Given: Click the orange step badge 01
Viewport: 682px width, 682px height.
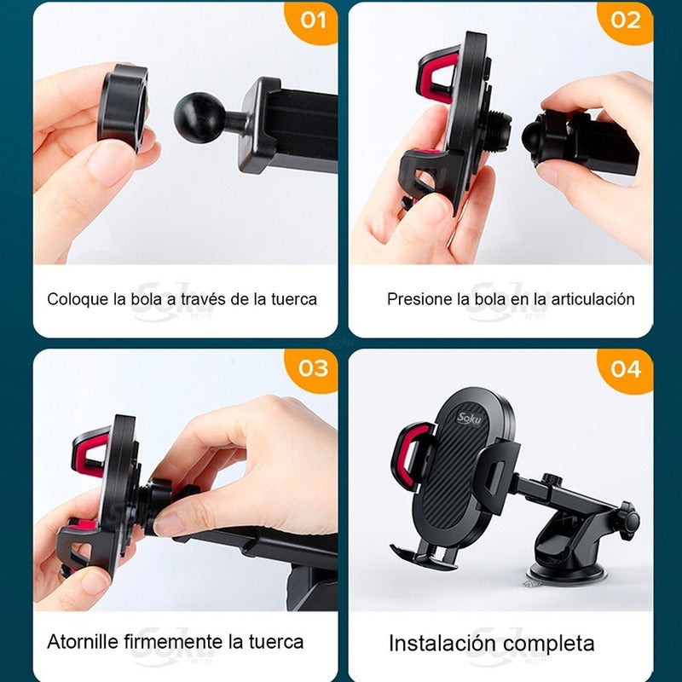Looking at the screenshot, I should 313,20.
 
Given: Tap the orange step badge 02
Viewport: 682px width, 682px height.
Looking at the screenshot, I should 626,20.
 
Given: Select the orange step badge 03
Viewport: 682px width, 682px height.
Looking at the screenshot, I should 313,367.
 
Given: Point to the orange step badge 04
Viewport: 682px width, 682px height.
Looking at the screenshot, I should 626,367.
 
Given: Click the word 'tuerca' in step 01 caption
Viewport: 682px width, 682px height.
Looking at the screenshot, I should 294,299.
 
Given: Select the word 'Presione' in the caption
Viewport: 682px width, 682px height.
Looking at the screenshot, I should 419,299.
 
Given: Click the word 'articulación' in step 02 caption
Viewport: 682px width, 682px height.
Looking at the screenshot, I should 593,299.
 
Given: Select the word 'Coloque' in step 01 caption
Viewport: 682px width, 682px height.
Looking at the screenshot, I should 78,299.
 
